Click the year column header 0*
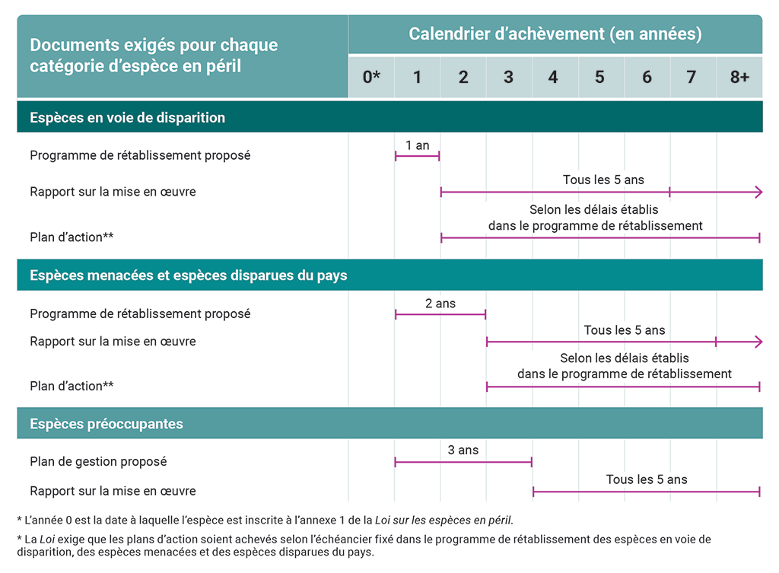pos(371,77)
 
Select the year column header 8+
pos(739,77)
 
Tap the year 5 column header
pos(599,77)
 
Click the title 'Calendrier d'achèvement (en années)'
pos(555,34)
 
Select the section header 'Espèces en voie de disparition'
pos(128,118)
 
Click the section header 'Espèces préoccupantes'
pos(107,424)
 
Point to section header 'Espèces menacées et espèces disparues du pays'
pos(189,275)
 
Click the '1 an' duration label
pos(418,145)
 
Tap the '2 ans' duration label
pos(440,303)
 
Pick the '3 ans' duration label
pos(463,450)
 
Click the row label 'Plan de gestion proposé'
pos(98,461)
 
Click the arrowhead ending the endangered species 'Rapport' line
pos(757,193)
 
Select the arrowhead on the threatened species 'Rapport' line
pos(757,342)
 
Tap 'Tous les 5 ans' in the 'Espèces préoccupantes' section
pos(647,479)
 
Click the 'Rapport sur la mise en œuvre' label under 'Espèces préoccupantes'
pos(113,491)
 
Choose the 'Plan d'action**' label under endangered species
pos(72,237)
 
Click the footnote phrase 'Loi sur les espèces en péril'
pos(444,520)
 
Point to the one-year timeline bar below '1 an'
pos(418,157)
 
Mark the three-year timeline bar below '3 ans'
pos(463,462)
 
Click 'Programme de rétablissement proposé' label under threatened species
pos(140,314)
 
